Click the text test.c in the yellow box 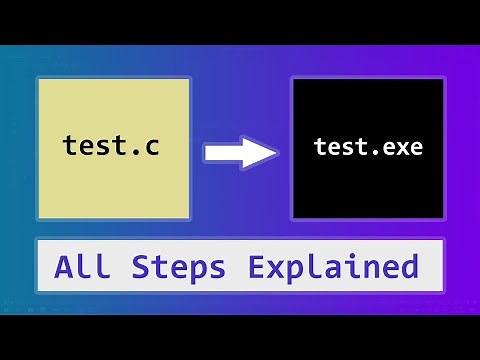[x=111, y=147]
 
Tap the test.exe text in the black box [x=368, y=147]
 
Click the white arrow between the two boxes [x=240, y=153]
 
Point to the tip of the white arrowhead [x=276, y=153]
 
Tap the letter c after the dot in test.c [x=150, y=148]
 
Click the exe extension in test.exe [x=402, y=148]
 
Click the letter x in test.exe [x=402, y=148]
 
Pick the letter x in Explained [x=279, y=269]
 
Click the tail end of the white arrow [x=207, y=153]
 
